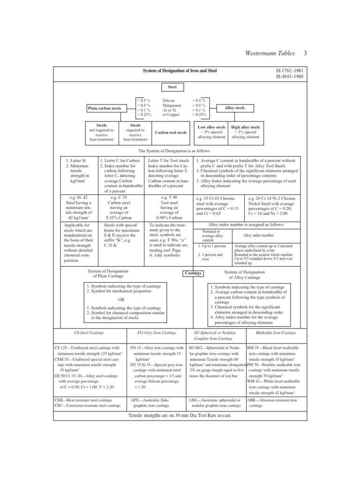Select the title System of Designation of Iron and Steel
(180, 71)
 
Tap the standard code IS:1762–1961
(290, 70)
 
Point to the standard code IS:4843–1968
(290, 76)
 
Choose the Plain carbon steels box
(105, 108)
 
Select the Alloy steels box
(235, 108)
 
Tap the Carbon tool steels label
(171, 133)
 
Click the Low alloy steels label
(211, 127)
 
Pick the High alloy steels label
(246, 127)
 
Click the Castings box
(192, 273)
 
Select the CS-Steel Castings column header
(89, 333)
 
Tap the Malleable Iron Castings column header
(276, 333)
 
